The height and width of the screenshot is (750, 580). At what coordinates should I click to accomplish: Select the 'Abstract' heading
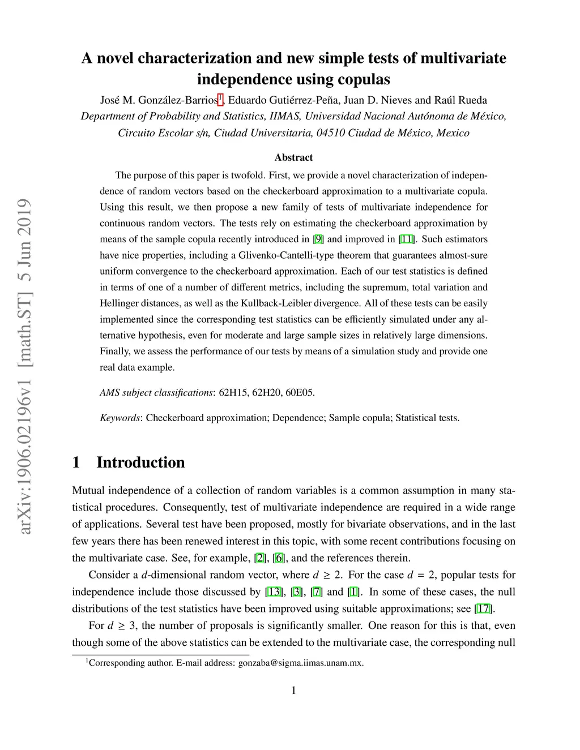pyautogui.click(x=293, y=157)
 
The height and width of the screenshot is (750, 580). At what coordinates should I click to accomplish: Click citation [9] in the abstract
pyautogui.click(x=318, y=239)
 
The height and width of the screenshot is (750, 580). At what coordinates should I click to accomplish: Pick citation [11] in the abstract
pyautogui.click(x=406, y=239)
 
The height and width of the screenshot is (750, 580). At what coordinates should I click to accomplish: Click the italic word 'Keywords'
pyautogui.click(x=120, y=418)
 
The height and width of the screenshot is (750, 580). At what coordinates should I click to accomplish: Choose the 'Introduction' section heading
pyautogui.click(x=140, y=462)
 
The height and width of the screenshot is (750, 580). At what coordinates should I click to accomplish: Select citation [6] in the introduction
pyautogui.click(x=278, y=558)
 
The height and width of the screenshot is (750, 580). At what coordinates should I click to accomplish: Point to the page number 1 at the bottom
pyautogui.click(x=293, y=691)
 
